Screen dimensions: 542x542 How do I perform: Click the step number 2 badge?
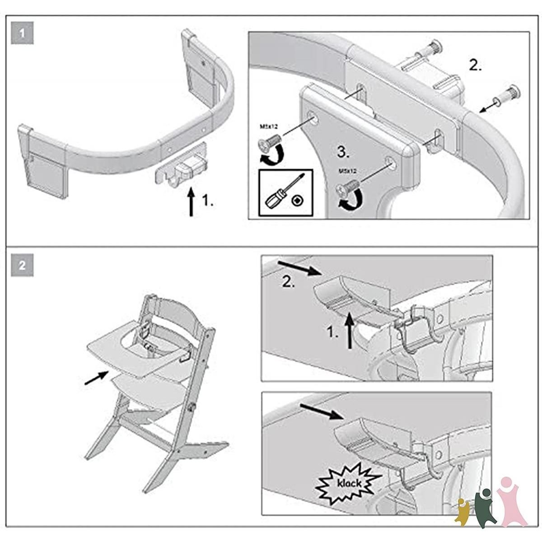pyautogui.click(x=22, y=266)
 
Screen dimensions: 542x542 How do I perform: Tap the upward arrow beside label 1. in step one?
pyautogui.click(x=191, y=202)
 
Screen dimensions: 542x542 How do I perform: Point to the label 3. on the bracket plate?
pyautogui.click(x=343, y=153)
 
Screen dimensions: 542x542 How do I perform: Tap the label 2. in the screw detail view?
pyautogui.click(x=475, y=65)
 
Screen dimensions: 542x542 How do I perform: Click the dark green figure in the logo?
pyautogui.click(x=486, y=506)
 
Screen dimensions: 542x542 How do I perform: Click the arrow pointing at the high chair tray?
pyautogui.click(x=96, y=378)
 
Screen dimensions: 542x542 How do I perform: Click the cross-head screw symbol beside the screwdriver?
pyautogui.click(x=297, y=200)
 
